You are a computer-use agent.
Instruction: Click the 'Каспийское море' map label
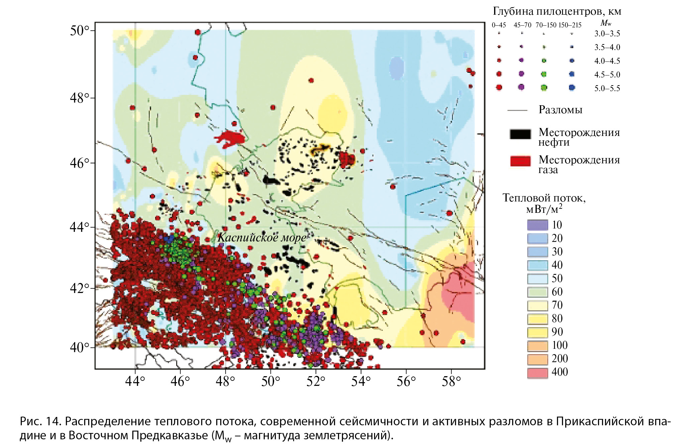pos(262,238)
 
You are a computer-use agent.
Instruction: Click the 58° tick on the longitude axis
pos(451,381)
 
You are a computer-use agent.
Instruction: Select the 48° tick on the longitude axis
pos(225,381)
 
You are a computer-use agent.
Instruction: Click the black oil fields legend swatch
pos(520,134)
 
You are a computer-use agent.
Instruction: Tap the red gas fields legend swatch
pos(520,161)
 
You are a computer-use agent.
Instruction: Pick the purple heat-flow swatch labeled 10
pos(538,225)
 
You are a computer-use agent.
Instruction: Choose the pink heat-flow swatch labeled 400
pos(538,372)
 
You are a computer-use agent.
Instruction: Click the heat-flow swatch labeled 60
pos(538,292)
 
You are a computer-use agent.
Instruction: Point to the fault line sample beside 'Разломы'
pos(517,110)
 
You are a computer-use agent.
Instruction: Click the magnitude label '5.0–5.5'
pos(607,89)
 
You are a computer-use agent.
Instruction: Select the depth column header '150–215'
pos(570,25)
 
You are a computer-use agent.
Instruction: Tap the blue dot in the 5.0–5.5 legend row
pos(572,88)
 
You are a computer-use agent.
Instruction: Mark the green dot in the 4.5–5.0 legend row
pos(544,74)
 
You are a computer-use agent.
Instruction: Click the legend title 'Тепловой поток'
pos(544,198)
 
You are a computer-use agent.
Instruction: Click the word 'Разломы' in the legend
pos(560,110)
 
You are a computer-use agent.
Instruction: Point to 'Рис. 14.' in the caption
pos(40,422)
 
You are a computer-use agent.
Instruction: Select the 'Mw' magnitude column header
pos(606,23)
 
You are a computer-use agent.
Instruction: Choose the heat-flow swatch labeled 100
pos(538,345)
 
